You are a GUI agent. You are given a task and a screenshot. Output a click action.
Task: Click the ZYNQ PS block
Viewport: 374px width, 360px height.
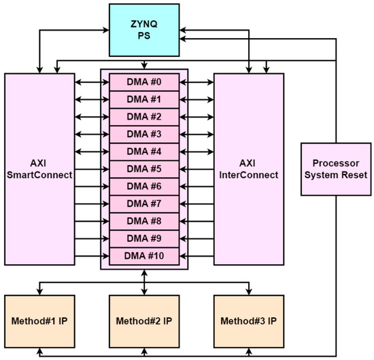coord(143,29)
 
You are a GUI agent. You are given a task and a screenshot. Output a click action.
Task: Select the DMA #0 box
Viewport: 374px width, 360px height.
coord(143,82)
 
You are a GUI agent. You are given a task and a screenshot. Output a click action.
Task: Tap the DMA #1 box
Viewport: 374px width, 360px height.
coord(143,100)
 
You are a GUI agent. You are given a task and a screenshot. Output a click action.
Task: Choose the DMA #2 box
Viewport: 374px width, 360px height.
coord(143,117)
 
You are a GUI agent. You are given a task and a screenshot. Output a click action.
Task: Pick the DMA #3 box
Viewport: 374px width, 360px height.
coord(143,134)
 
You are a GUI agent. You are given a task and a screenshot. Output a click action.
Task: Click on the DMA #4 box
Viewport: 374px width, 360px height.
coord(143,151)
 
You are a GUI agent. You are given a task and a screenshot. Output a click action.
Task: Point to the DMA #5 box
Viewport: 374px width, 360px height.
coord(143,168)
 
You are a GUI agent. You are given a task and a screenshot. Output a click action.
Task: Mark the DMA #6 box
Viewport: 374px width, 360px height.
coord(143,186)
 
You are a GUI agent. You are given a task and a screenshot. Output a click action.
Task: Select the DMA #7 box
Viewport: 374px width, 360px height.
coord(143,203)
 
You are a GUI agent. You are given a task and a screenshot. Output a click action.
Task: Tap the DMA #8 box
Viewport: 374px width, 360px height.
coord(143,221)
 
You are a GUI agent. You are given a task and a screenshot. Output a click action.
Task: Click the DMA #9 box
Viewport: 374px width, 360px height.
coord(143,238)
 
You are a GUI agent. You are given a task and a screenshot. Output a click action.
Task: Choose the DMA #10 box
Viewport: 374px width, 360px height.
coord(143,255)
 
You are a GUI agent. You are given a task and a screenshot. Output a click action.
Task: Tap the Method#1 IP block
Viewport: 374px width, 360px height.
coord(39,321)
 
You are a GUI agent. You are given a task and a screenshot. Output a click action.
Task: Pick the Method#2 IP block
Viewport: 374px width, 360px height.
coord(143,321)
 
